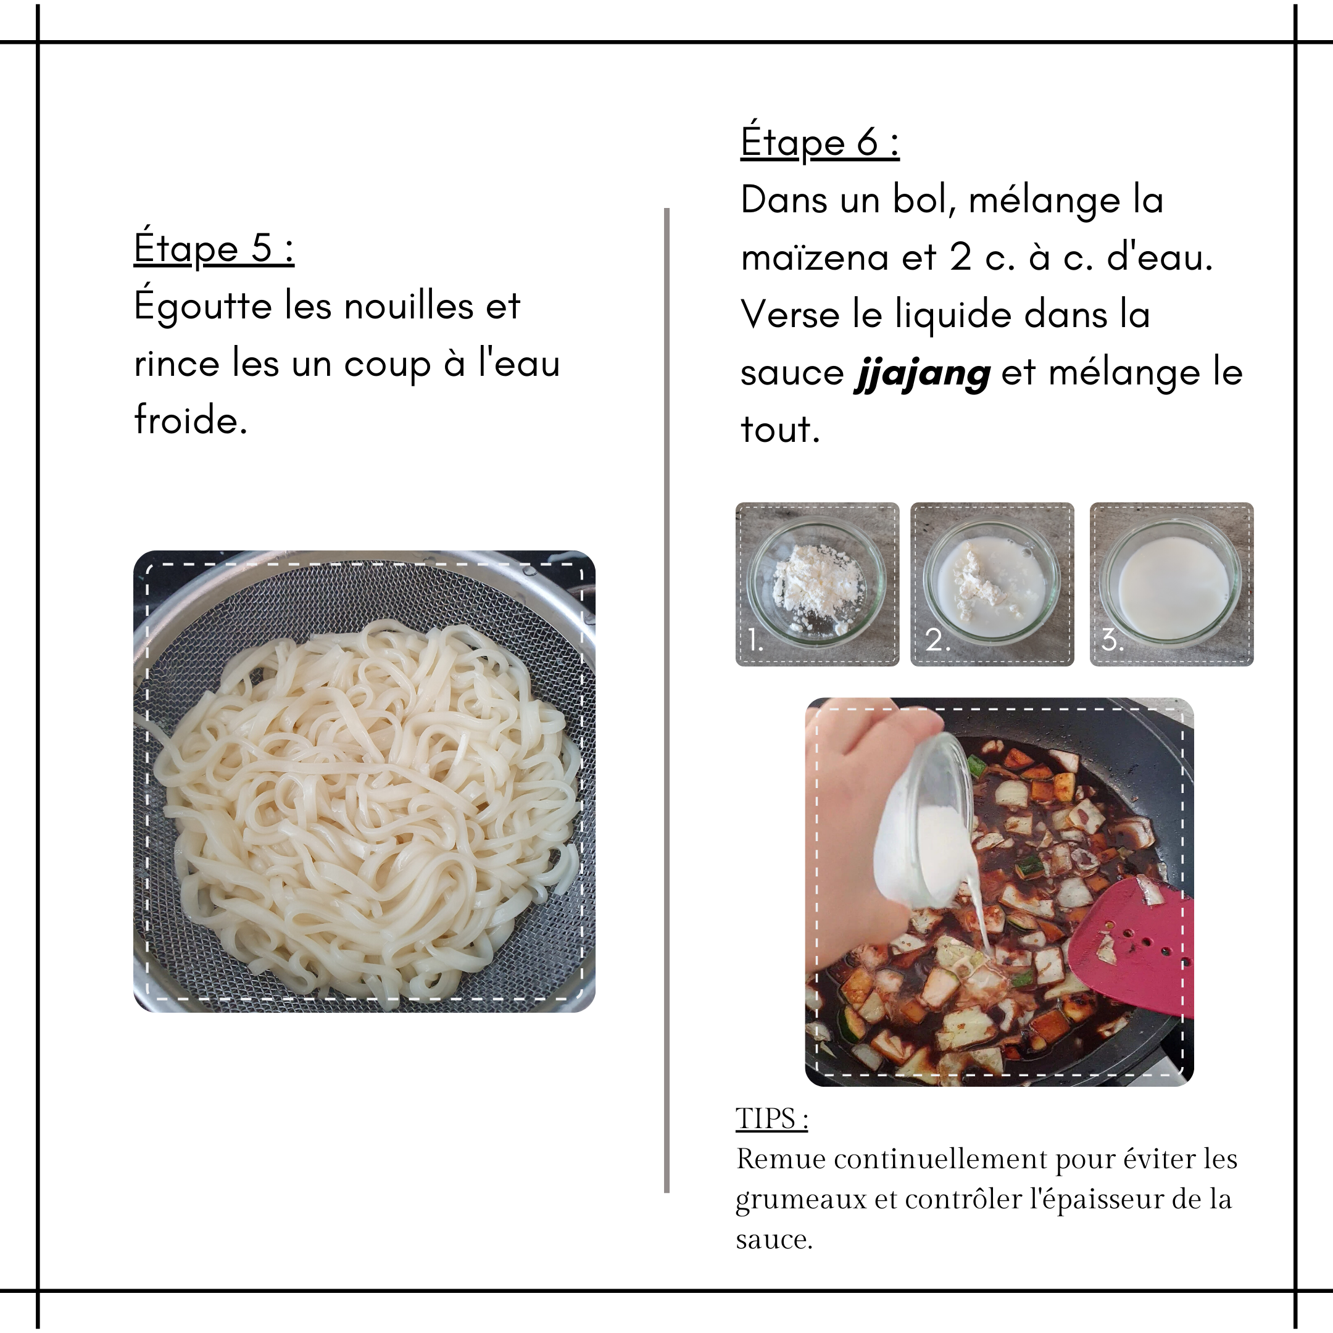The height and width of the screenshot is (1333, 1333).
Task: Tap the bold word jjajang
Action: point(923,374)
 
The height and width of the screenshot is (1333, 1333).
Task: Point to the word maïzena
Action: point(815,258)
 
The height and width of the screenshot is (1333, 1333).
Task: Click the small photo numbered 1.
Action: point(818,584)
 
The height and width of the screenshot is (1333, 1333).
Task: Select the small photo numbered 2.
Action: point(992,584)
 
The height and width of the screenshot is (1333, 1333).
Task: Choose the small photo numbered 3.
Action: point(1171,584)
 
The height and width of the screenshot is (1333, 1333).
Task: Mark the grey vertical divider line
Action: point(666,700)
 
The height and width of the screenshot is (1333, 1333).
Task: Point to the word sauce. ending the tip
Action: point(774,1241)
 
